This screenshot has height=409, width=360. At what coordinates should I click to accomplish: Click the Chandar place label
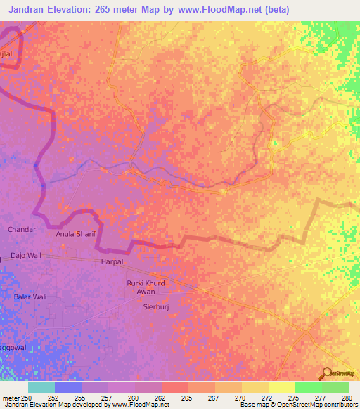pyautogui.click(x=21, y=230)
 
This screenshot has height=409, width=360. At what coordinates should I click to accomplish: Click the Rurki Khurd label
pyautogui.click(x=146, y=283)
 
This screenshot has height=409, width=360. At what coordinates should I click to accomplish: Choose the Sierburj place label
pyautogui.click(x=157, y=307)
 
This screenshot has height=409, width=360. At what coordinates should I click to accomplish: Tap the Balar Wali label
pyautogui.click(x=30, y=297)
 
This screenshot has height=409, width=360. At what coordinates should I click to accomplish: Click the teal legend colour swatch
pyautogui.click(x=41, y=387)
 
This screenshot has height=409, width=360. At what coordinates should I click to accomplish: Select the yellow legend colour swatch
pyautogui.click(x=282, y=387)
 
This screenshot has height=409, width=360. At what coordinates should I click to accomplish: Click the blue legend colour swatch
pyautogui.click(x=68, y=387)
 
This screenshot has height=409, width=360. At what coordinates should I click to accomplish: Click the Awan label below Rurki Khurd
pyautogui.click(x=146, y=292)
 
